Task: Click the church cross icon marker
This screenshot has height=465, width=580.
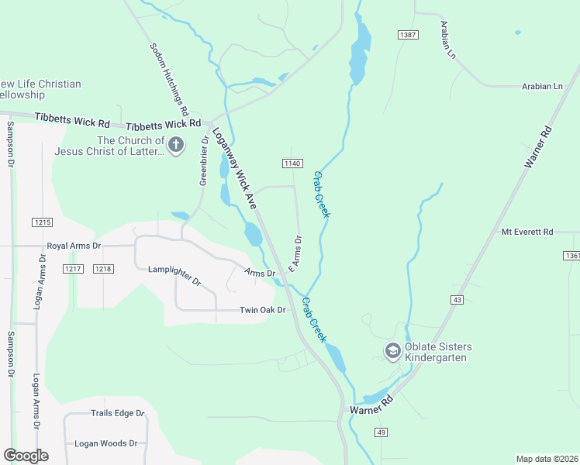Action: pos(176,145)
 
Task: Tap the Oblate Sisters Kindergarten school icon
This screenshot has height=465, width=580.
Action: pos(392,352)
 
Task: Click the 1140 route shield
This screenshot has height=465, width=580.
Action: pos(292,163)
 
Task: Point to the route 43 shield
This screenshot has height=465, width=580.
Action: pos(457,299)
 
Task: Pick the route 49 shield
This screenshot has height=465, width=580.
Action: pos(381,432)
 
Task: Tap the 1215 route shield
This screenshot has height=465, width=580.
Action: pos(42,222)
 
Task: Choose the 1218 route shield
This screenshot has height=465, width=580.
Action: pos(102,268)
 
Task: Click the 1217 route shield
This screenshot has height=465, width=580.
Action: pos(73,268)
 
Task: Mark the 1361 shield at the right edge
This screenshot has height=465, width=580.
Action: pos(571,255)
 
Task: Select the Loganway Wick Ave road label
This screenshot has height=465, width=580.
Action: pos(235,167)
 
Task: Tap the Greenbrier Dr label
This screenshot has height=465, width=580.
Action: pos(205,161)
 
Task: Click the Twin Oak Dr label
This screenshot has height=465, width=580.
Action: pos(263,310)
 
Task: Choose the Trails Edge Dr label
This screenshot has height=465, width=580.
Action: pos(118,413)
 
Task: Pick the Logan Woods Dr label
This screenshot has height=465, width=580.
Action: pos(105,443)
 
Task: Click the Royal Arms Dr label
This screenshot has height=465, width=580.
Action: pos(74,246)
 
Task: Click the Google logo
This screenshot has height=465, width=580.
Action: pos(26,455)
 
